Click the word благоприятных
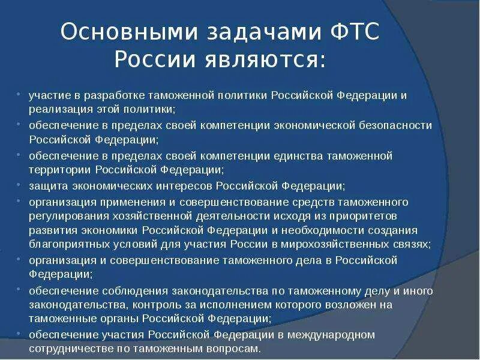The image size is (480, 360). tap(63, 244)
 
